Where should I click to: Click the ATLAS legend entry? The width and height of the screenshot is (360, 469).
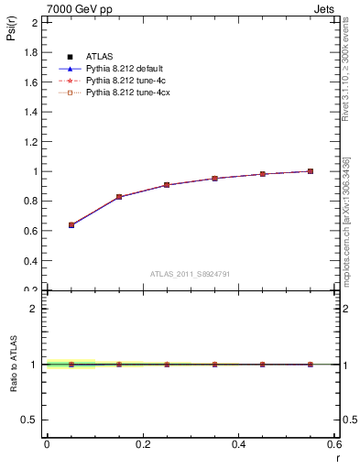coord(100,58)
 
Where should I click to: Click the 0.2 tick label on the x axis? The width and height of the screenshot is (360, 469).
coord(142,444)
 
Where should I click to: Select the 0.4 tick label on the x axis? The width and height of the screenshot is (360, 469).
coord(238,444)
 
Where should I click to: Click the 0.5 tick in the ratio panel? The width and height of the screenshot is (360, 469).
coord(31,420)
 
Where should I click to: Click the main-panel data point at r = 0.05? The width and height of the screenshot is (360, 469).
coord(71,224)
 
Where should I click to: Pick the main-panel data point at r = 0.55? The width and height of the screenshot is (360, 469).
coord(311,171)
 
